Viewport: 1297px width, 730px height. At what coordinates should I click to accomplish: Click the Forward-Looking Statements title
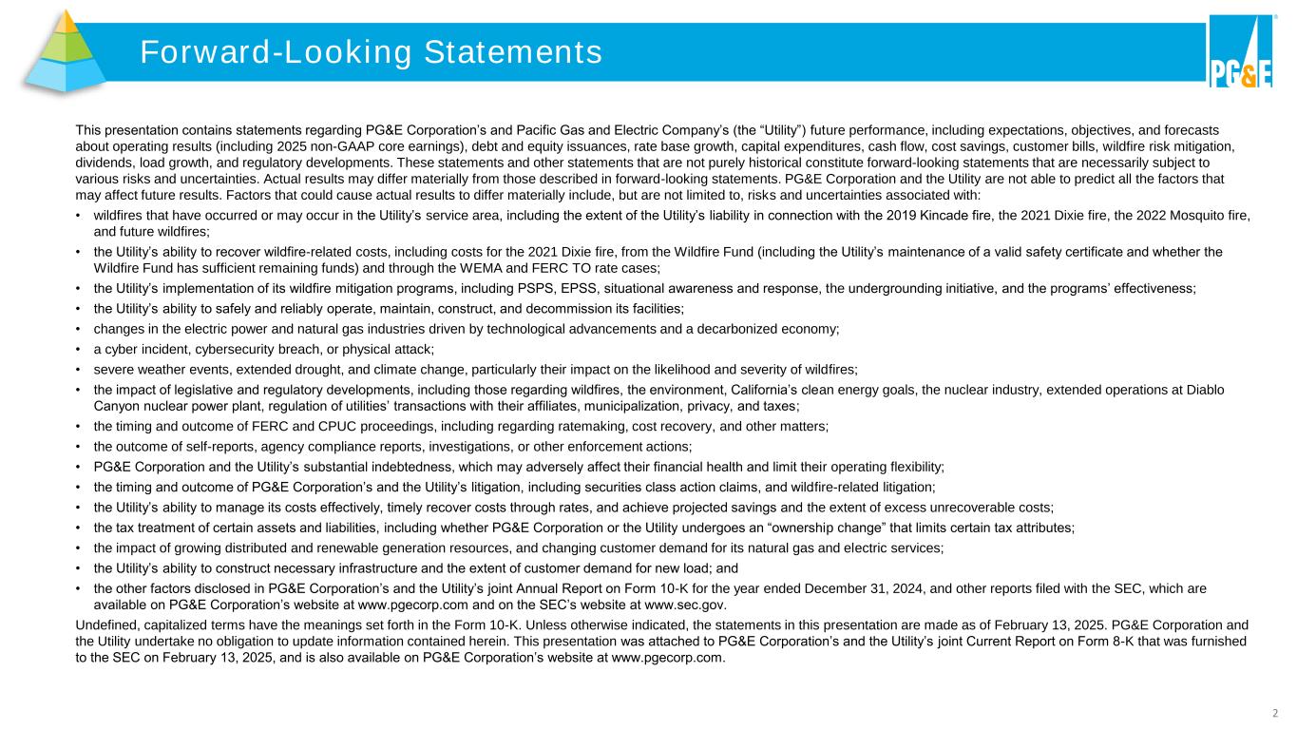371,52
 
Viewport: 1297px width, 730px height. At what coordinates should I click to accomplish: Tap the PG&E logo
1240,53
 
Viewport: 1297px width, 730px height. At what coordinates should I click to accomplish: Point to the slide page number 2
1275,712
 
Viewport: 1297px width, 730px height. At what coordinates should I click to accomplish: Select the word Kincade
955,216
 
